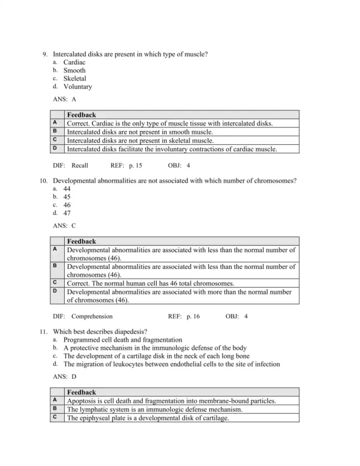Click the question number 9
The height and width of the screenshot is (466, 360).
[x=45, y=54]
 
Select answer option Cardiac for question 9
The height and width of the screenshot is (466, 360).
[x=74, y=62]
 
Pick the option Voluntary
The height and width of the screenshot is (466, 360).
[x=77, y=86]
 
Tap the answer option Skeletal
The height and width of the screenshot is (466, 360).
[x=75, y=78]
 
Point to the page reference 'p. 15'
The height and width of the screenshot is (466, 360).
[x=135, y=165]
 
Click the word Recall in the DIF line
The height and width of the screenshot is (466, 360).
[x=80, y=165]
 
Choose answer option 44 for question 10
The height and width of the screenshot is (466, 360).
[x=67, y=188]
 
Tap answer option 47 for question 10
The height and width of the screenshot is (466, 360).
[x=67, y=213]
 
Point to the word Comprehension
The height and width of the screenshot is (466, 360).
[x=92, y=316]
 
